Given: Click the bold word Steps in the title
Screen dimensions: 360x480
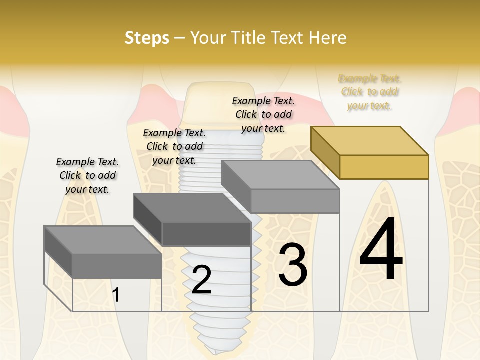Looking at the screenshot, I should coord(147,38).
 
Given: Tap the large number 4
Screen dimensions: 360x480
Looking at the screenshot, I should coord(381,250).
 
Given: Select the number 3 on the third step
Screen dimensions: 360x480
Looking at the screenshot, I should coord(292,265).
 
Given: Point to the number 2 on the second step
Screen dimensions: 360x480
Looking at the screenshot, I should coord(201,280).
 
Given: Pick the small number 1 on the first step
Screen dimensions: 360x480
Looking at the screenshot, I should coord(116,295).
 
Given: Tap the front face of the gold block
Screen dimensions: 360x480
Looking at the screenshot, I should coord(384,167).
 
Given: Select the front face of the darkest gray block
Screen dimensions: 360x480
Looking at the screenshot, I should coord(206,234).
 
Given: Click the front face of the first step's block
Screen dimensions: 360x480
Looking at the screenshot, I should coord(117,265).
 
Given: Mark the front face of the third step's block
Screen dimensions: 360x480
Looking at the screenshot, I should coord(295,201).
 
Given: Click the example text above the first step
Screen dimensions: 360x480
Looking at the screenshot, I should coord(87,175).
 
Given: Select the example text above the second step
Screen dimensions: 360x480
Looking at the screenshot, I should coord(174,146).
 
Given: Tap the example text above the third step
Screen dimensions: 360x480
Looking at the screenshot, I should coord(263,114).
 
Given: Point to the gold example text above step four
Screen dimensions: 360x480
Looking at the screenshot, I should coord(370,92).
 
